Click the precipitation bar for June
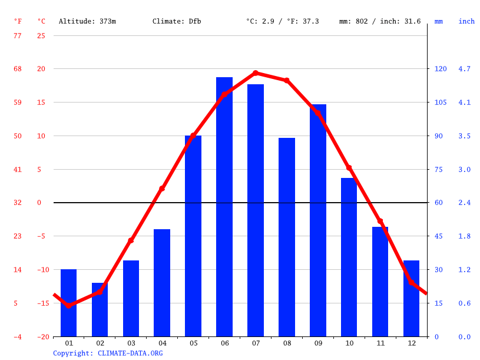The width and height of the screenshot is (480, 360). coord(224,207)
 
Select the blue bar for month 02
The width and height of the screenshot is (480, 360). coord(100,310)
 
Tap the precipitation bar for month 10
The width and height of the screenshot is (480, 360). coord(349,257)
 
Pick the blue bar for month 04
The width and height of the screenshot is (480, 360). coord(162,283)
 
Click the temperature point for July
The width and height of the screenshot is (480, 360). coord(256,73)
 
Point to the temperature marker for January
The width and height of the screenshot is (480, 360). coord(68,305)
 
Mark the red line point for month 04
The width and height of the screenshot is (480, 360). coord(162,189)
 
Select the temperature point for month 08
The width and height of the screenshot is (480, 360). coord(287,80)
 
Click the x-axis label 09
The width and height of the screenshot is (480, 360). coord(318,343)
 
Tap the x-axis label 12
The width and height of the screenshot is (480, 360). coord(411,343)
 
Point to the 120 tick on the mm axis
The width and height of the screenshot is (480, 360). coord(440,69)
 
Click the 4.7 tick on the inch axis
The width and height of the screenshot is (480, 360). coord(464,69)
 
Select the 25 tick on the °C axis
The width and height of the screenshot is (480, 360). coord(41,35)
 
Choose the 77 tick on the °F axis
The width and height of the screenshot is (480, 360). coord(18,35)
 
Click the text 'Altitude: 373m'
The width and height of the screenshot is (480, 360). coord(87,21)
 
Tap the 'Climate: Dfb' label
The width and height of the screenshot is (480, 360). coord(177,21)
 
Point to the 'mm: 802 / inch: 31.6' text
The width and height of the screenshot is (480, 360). coord(380,21)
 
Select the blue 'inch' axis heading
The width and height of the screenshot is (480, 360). coord(466,21)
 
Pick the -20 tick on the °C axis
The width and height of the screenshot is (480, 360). coord(41,337)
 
